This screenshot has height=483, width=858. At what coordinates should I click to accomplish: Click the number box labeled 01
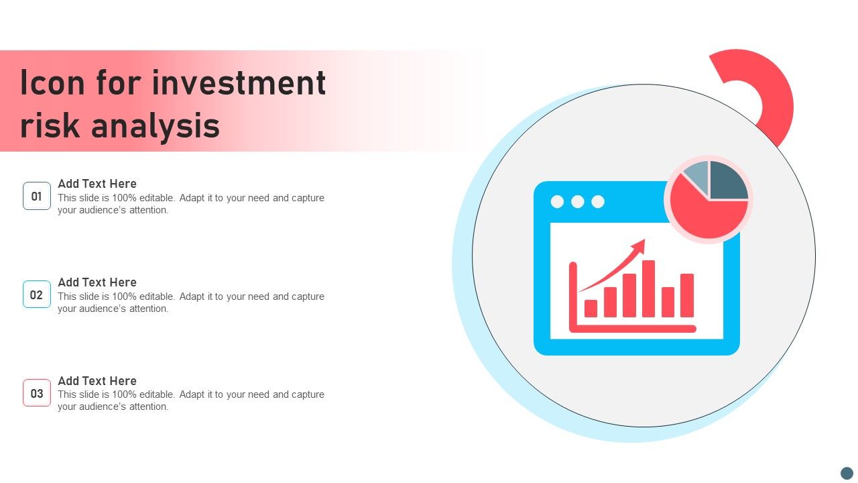(x=37, y=196)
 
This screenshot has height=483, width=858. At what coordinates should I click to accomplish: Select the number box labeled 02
(x=37, y=294)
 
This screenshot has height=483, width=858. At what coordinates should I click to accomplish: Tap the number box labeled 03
(x=37, y=393)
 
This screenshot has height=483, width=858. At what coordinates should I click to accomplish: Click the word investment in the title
(x=239, y=83)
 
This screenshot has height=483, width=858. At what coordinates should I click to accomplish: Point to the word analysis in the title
(x=156, y=125)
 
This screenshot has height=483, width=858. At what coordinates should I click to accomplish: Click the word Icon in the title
(x=52, y=83)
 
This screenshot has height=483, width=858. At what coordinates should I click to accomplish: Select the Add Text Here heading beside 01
(x=97, y=184)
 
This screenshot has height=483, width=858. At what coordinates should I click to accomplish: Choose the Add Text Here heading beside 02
(x=97, y=282)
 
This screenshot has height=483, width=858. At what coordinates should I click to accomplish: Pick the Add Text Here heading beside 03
(x=97, y=380)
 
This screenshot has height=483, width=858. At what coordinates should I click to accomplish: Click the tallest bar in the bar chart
(x=648, y=288)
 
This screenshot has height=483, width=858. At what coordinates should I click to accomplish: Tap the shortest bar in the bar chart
(x=591, y=309)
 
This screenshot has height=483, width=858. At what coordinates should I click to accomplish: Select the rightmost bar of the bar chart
(x=687, y=296)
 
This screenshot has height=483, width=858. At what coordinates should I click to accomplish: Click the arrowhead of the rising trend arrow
(x=639, y=246)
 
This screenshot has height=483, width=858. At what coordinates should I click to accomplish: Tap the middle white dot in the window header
(x=578, y=202)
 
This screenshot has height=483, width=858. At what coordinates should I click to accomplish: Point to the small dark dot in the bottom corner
(x=847, y=473)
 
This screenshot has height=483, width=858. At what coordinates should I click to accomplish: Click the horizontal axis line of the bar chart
(x=633, y=329)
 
